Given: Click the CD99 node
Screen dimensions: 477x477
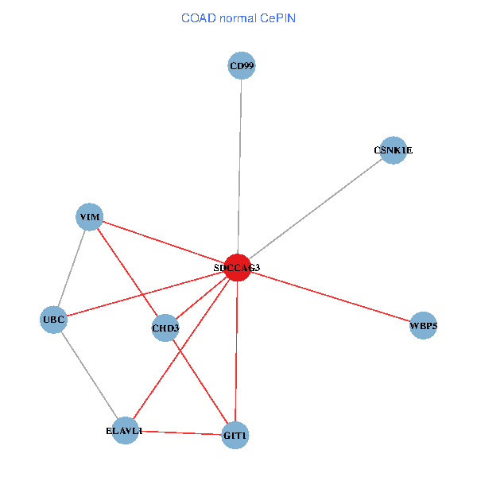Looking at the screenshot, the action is tap(242, 65).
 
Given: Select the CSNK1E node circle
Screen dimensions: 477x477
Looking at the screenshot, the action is tap(394, 150).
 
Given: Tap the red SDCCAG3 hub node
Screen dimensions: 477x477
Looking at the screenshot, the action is tap(238, 268).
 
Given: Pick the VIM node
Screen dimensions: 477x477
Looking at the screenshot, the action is tap(89, 217).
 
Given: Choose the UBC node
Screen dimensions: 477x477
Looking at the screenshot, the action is tap(53, 320).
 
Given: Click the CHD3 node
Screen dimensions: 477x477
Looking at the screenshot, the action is tap(165, 328).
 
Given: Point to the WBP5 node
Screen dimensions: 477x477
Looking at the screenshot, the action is tap(423, 325).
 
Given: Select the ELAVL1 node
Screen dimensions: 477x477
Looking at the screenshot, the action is tap(125, 430).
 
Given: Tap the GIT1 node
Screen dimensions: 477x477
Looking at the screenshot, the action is tap(235, 436).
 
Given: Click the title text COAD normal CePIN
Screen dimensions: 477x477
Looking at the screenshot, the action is tap(238, 18).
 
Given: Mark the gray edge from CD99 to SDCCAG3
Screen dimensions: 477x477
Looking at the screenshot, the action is tap(240, 167).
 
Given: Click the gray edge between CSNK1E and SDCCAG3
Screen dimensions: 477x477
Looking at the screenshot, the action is tap(316, 209).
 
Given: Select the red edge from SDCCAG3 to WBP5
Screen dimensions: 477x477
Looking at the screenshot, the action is tap(331, 297).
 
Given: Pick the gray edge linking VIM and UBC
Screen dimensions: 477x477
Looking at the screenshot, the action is tap(72, 269).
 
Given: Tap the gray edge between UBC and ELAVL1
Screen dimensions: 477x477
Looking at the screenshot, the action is tap(89, 375).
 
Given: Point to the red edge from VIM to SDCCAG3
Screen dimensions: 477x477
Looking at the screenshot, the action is tap(164, 242).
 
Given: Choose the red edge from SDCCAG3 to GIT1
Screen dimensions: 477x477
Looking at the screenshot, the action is tap(236, 351).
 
